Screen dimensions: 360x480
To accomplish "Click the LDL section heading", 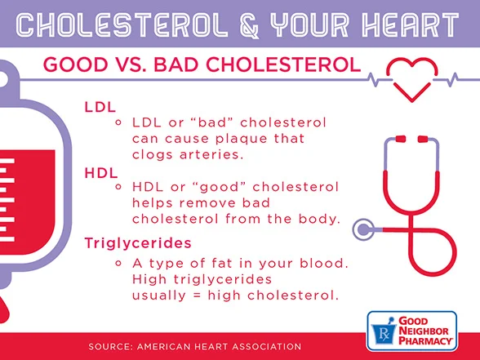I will click(100, 106).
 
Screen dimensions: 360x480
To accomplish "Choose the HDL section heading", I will click(100, 172).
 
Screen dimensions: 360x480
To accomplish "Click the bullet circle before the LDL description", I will click(120, 122).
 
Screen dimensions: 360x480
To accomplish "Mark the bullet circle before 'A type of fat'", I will click(120, 263).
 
